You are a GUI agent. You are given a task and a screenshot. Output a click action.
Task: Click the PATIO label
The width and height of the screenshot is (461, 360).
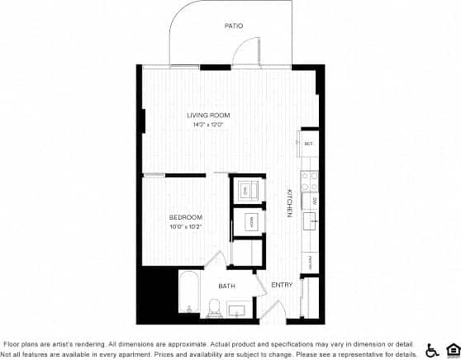point(234,26)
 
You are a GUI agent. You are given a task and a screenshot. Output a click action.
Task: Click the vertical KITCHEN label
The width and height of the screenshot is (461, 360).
point(290,203)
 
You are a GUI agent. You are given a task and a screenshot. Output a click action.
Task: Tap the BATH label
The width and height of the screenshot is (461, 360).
point(226,287)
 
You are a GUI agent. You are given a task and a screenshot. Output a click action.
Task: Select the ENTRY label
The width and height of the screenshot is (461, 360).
point(283,286)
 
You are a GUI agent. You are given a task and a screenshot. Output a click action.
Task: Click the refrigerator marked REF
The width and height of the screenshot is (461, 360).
point(308,144)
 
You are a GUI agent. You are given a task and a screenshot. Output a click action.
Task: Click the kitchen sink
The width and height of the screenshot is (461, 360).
point(311,222)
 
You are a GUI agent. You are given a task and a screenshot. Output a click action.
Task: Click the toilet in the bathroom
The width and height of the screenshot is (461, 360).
point(214,309)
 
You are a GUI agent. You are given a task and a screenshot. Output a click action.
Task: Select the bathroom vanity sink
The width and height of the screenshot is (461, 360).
point(236,310)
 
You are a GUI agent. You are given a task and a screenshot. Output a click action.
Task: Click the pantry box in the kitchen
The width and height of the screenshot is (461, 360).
point(310,263)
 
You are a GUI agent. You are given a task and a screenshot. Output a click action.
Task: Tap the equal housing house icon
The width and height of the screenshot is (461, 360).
point(451,349)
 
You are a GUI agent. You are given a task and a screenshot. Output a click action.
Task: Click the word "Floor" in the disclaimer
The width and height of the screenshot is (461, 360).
point(13,343)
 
